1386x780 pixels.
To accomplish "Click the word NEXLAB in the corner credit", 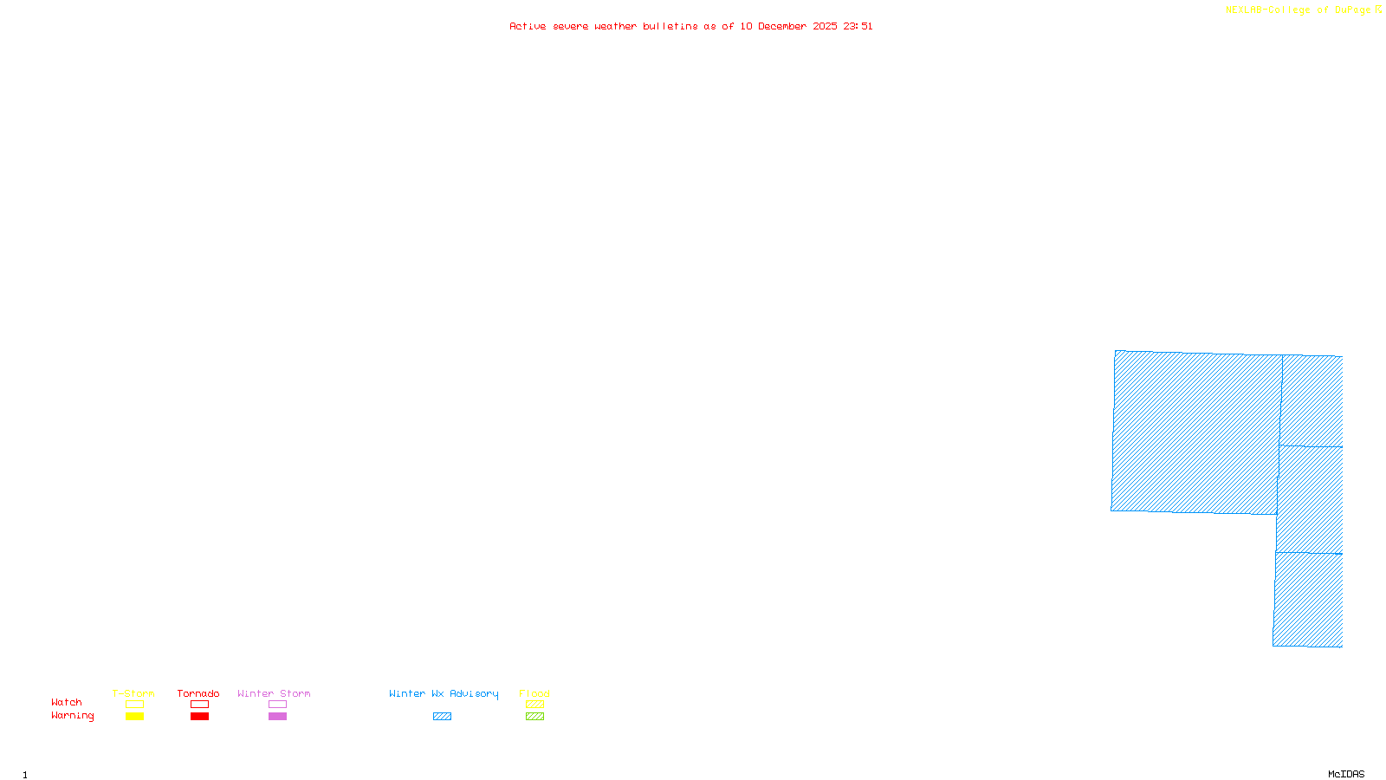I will point(1244,10).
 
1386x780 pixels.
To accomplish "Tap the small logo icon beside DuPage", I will point(1378,10).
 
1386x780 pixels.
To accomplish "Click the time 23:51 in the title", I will point(858,27).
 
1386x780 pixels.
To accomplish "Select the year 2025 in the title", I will point(825,27).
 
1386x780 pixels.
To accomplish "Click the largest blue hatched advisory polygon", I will point(1195,432).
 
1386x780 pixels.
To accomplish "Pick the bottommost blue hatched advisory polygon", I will point(1308,600).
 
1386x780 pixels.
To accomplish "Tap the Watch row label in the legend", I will point(67,703).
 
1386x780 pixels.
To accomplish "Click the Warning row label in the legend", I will point(72,716).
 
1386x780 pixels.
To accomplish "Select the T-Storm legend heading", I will point(133,693).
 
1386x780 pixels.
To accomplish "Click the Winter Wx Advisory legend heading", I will point(444,693).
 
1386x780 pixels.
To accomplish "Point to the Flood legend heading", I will point(534,693).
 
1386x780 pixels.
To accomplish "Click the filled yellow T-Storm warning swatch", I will point(134,717).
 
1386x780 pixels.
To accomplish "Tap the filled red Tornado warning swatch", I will point(199,717).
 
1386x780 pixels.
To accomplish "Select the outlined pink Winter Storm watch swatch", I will point(277,705).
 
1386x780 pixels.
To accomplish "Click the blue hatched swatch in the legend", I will point(442,717).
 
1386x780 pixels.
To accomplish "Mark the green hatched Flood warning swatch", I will point(534,717).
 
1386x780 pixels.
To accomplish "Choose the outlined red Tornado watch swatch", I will point(199,705).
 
